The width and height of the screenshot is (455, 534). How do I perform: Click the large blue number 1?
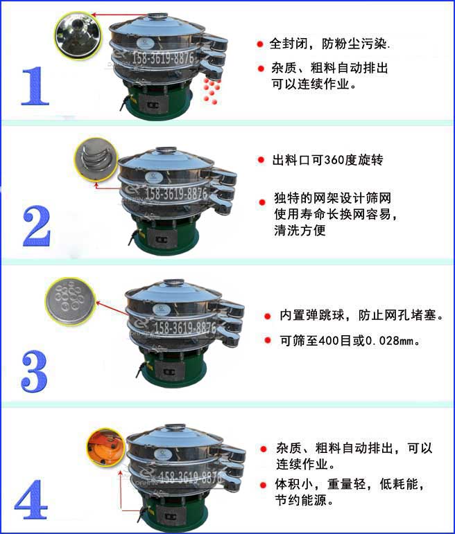pos(35,85)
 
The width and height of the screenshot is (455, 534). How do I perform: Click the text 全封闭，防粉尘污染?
pos(329,45)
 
